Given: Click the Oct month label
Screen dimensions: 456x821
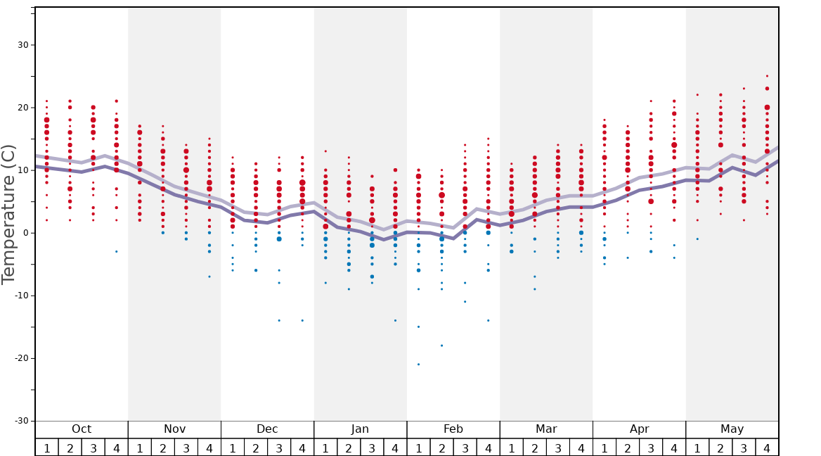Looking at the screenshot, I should [82, 429].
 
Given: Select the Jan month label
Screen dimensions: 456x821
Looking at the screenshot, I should [360, 429].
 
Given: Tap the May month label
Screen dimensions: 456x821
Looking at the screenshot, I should [732, 429].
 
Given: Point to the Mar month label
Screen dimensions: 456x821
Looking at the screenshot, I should [546, 429].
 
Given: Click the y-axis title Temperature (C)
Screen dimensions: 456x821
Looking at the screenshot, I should [9, 214].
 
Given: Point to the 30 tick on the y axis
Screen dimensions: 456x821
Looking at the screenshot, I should [22, 45].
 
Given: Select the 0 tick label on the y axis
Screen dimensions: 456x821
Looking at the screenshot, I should [25, 233].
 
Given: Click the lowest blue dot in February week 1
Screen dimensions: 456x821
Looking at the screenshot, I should [418, 365].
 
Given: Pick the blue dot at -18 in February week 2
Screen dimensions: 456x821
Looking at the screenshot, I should [441, 346].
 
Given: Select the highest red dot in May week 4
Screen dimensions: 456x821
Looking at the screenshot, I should [767, 76].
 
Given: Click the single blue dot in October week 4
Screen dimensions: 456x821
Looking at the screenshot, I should [117, 252].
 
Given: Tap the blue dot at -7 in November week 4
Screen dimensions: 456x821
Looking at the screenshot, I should [209, 277].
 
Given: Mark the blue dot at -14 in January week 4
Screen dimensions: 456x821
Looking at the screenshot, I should [395, 321].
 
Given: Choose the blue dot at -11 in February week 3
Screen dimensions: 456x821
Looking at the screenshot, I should [465, 302].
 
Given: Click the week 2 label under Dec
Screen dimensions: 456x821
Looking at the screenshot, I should [256, 448].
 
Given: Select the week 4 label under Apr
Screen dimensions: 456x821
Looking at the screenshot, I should [674, 448].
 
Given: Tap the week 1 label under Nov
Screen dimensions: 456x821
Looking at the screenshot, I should [140, 448].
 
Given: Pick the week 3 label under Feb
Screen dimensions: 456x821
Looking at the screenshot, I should [465, 448].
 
